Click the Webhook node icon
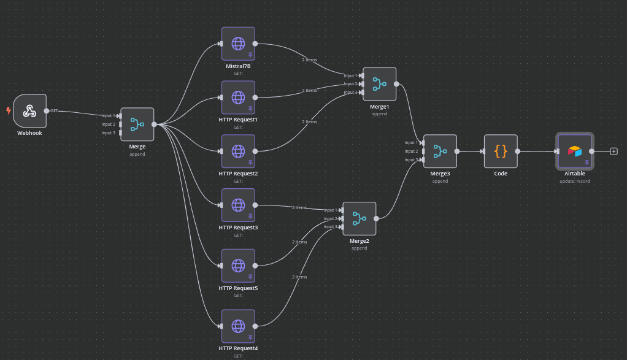[x=29, y=111]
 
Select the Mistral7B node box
[x=238, y=44]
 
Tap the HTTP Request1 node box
[x=238, y=98]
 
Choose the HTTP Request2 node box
[x=238, y=151]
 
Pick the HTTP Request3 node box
[x=238, y=205]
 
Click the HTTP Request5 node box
[x=238, y=266]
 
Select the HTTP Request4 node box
[x=238, y=326]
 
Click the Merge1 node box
[x=380, y=84]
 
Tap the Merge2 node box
[x=360, y=218]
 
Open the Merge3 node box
[x=440, y=151]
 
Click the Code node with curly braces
[x=501, y=151]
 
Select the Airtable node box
[x=574, y=151]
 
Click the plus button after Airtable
[x=614, y=151]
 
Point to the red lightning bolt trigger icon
[x=9, y=111]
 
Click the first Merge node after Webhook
[x=137, y=124]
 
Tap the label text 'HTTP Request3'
[x=238, y=228]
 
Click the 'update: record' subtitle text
[x=574, y=181]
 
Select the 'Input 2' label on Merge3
[x=411, y=151]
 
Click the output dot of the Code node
[x=518, y=151]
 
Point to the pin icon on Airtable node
[x=587, y=163]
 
